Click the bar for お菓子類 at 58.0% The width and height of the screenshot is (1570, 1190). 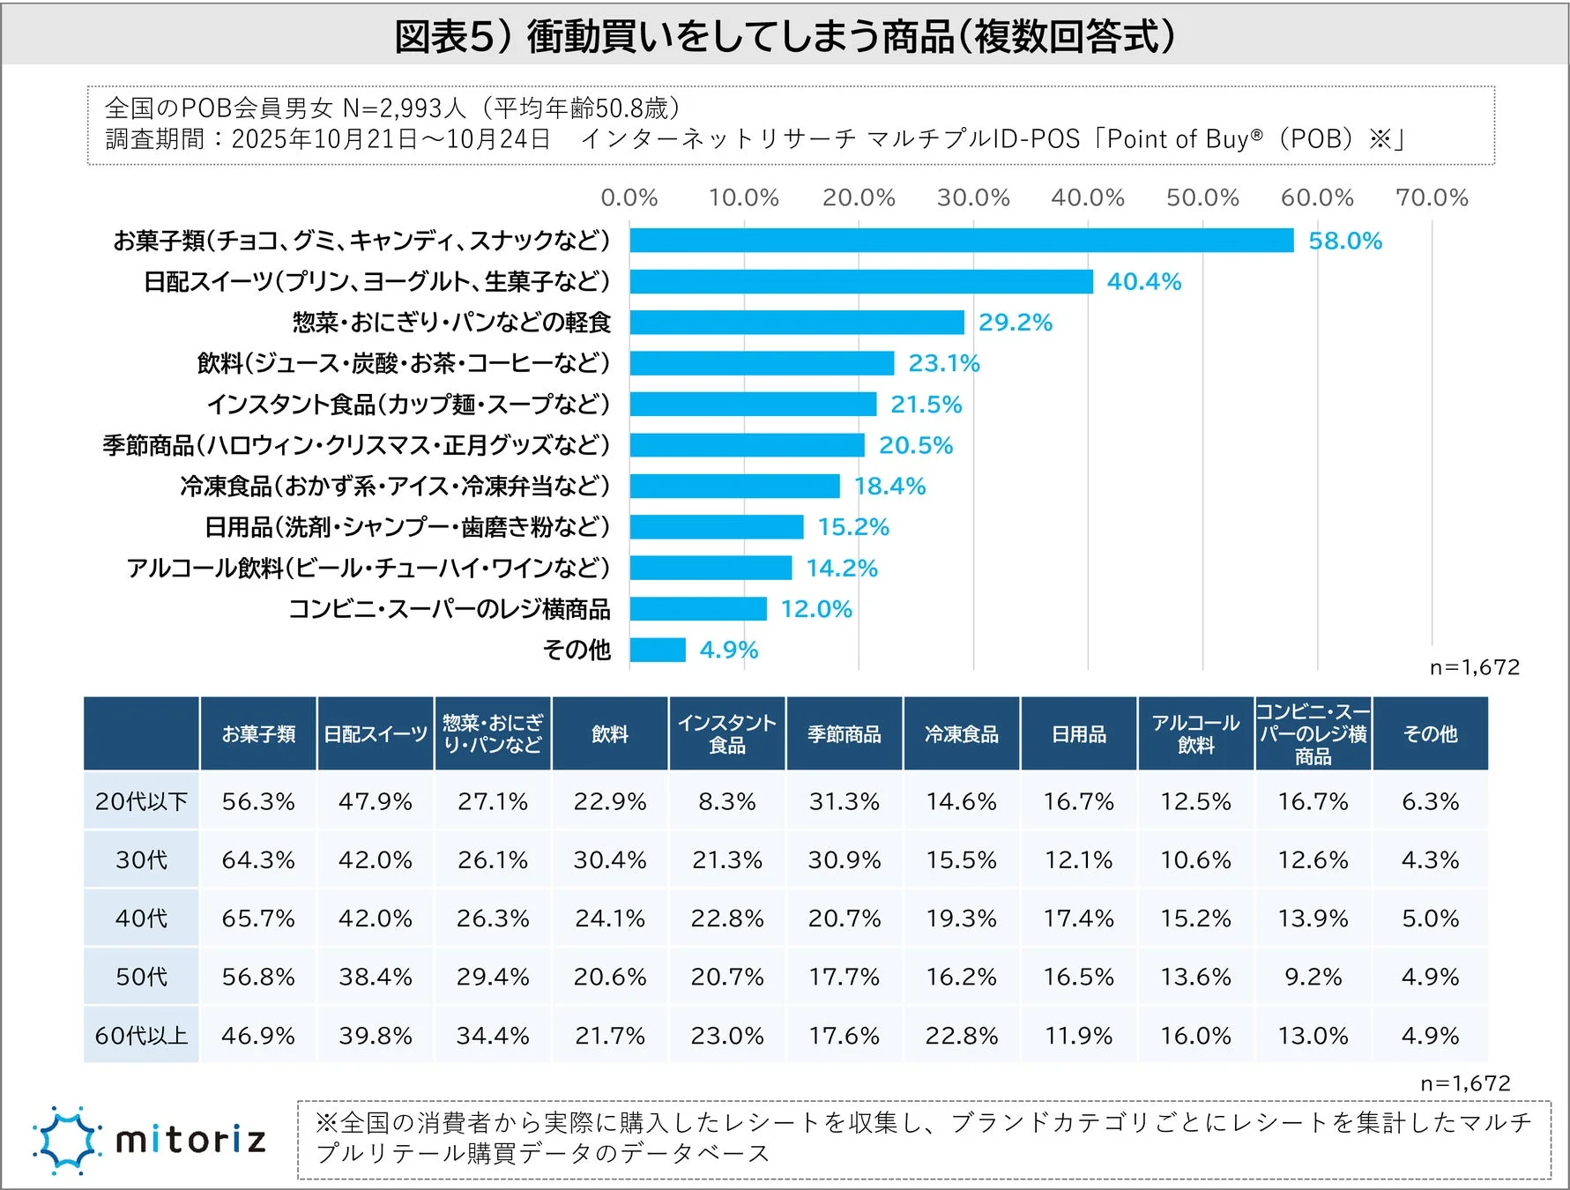(x=961, y=241)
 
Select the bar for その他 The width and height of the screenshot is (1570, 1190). (x=658, y=650)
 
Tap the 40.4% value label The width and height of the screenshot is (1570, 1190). (x=1143, y=281)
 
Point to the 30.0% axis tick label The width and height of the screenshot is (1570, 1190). (x=972, y=197)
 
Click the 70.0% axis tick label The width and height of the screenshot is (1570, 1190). (x=1431, y=197)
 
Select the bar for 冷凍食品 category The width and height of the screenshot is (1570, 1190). (x=734, y=486)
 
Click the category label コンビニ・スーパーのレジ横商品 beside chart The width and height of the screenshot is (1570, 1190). (x=450, y=609)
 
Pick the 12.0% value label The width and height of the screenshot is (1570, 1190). (x=815, y=609)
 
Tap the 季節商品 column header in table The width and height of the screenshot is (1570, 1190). (x=844, y=733)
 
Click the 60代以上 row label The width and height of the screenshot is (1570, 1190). (x=141, y=1035)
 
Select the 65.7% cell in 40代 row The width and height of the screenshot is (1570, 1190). (x=258, y=919)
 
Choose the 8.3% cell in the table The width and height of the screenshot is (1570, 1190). (x=726, y=801)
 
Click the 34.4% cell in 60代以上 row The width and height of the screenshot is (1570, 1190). (x=493, y=1035)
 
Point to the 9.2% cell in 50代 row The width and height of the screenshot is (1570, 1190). (x=1313, y=977)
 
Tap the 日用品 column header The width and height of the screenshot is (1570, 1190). (x=1078, y=733)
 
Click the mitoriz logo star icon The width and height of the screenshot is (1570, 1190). (x=65, y=1141)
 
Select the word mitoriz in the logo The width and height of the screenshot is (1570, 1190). (x=190, y=1141)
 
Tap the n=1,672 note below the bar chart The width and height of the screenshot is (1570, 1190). (x=1474, y=667)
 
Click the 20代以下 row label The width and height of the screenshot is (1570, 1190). (x=141, y=801)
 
